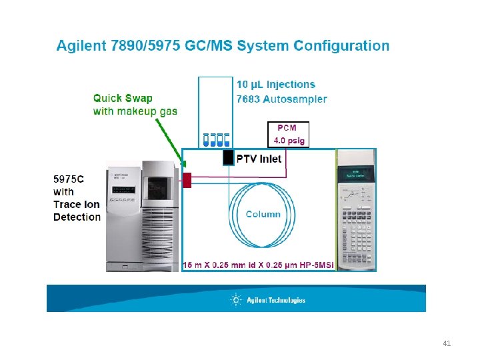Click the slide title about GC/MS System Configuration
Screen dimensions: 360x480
(223, 46)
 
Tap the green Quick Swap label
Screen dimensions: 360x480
(123, 99)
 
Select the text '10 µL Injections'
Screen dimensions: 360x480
(276, 85)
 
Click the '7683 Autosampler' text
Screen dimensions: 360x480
(282, 99)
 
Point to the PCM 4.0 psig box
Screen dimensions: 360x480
(288, 134)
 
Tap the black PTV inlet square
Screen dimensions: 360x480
(228, 157)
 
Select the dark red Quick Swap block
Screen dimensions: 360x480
(187, 179)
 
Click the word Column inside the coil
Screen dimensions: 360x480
(263, 214)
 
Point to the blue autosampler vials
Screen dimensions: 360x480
(216, 139)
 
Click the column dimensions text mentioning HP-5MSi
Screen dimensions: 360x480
(259, 265)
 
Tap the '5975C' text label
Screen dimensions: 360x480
(69, 178)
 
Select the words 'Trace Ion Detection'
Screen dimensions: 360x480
(77, 211)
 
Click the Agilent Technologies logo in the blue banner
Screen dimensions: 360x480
(267, 300)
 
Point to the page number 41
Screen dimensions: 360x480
(447, 344)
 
